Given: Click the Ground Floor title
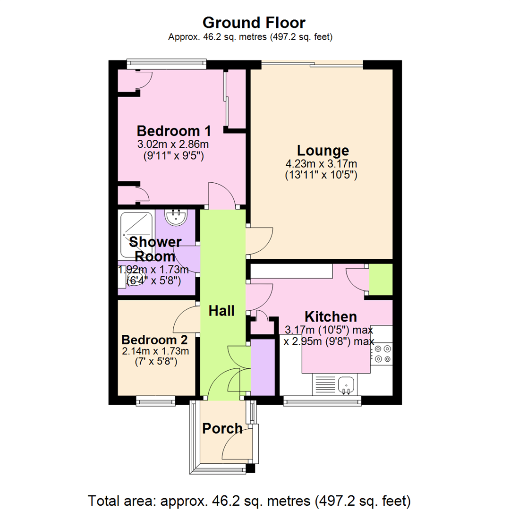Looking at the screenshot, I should point(254,22).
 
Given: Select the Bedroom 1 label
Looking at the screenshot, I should point(173,131).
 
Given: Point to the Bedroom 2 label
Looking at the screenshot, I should point(154,340).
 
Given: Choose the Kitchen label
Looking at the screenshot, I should point(330,316).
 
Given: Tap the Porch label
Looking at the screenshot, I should point(222,429).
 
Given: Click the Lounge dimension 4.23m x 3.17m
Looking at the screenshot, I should point(321,164).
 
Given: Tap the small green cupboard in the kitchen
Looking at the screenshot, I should point(381,280).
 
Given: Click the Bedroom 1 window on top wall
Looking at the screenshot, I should point(166,65).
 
